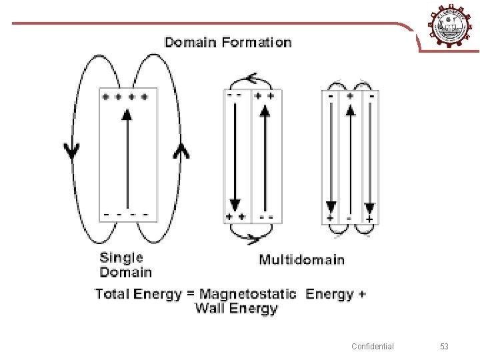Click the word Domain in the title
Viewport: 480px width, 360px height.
click(191, 43)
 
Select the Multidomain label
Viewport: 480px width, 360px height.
click(301, 259)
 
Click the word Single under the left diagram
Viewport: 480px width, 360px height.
click(121, 258)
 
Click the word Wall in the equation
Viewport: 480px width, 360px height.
click(210, 309)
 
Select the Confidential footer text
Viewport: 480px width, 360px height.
click(373, 347)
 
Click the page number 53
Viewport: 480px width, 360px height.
click(445, 347)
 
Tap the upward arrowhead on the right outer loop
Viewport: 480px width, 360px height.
click(181, 151)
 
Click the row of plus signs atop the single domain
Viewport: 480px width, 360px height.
click(125, 97)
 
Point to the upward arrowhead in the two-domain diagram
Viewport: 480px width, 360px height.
click(265, 111)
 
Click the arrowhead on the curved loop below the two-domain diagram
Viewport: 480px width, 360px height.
click(252, 237)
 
